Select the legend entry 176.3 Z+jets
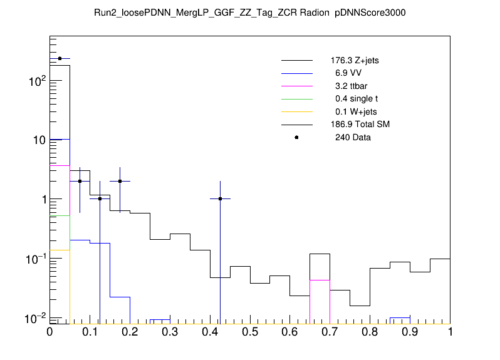[354, 61]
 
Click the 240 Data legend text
[353, 137]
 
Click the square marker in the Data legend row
[296, 137]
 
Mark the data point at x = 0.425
[220, 198]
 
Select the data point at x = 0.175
[120, 181]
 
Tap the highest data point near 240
[60, 58]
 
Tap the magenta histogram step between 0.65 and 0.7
[320, 280]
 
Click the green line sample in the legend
[296, 99]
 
